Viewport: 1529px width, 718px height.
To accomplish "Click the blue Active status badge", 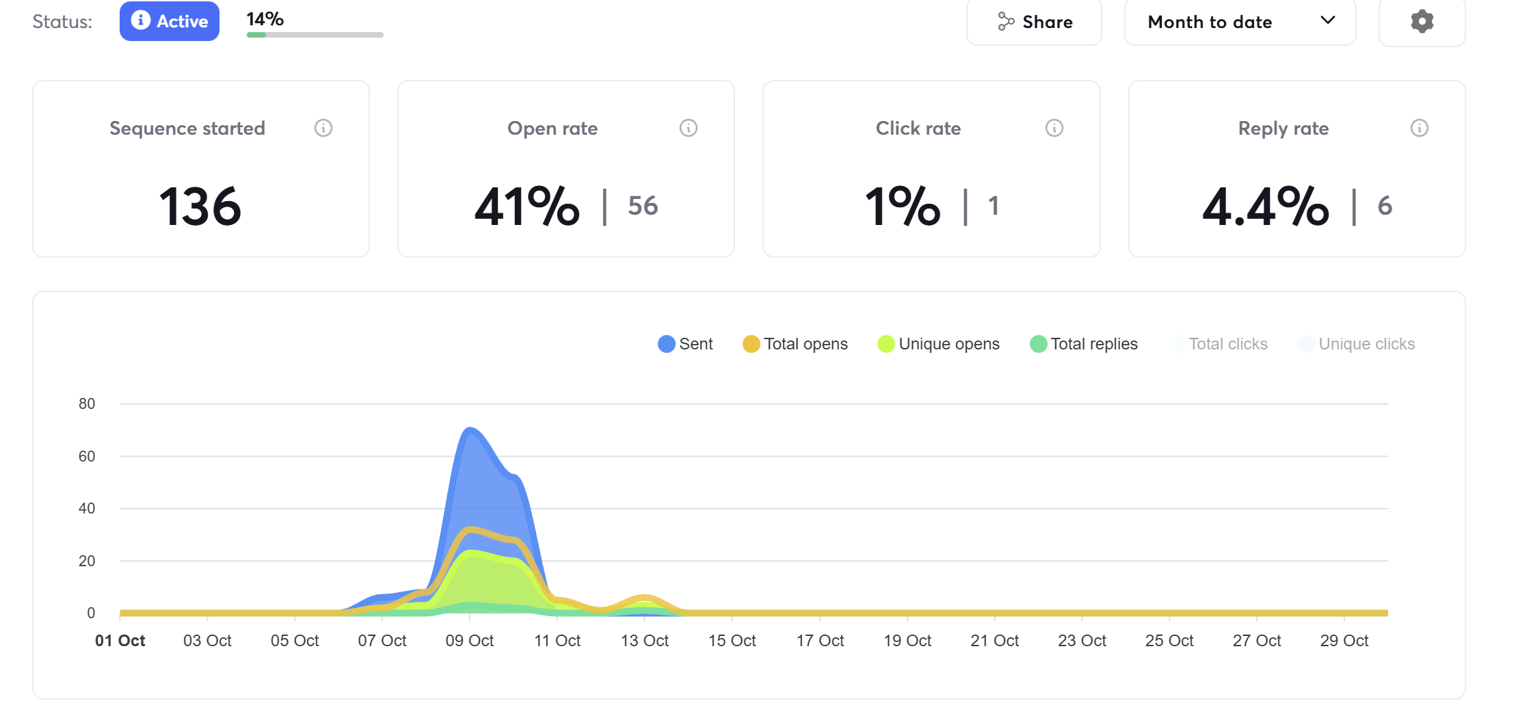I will pyautogui.click(x=170, y=21).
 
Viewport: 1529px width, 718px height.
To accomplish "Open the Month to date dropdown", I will pyautogui.click(x=1239, y=22).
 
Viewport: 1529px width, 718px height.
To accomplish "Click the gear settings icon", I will pyautogui.click(x=1422, y=21).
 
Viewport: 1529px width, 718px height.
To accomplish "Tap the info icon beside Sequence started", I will pyautogui.click(x=323, y=128).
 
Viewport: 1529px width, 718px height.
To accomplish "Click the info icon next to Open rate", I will pyautogui.click(x=689, y=128).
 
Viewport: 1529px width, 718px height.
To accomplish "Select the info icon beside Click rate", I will pyautogui.click(x=1054, y=128).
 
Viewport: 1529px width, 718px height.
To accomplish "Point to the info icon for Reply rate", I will pyautogui.click(x=1420, y=128).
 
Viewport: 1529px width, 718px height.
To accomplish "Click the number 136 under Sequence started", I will pyautogui.click(x=200, y=206).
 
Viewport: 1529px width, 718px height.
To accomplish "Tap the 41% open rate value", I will pyautogui.click(x=527, y=206).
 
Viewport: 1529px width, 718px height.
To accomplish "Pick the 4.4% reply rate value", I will pyautogui.click(x=1266, y=206).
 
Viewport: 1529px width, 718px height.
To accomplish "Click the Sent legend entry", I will pyautogui.click(x=686, y=344).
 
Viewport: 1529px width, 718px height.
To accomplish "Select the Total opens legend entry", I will pyautogui.click(x=796, y=344).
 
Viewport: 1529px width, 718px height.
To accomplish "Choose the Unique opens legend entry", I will pyautogui.click(x=939, y=344).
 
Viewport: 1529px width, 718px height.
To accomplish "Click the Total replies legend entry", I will pyautogui.click(x=1085, y=344).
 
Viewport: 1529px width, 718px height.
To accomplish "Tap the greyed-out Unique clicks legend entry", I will pyautogui.click(x=1357, y=344).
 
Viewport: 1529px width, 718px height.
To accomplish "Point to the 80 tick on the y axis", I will pyautogui.click(x=87, y=403).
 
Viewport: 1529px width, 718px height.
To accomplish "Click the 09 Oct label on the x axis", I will pyautogui.click(x=470, y=641).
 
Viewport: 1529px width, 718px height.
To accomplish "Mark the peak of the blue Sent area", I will pyautogui.click(x=470, y=429).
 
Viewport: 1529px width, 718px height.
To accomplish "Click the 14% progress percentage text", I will pyautogui.click(x=265, y=19).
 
